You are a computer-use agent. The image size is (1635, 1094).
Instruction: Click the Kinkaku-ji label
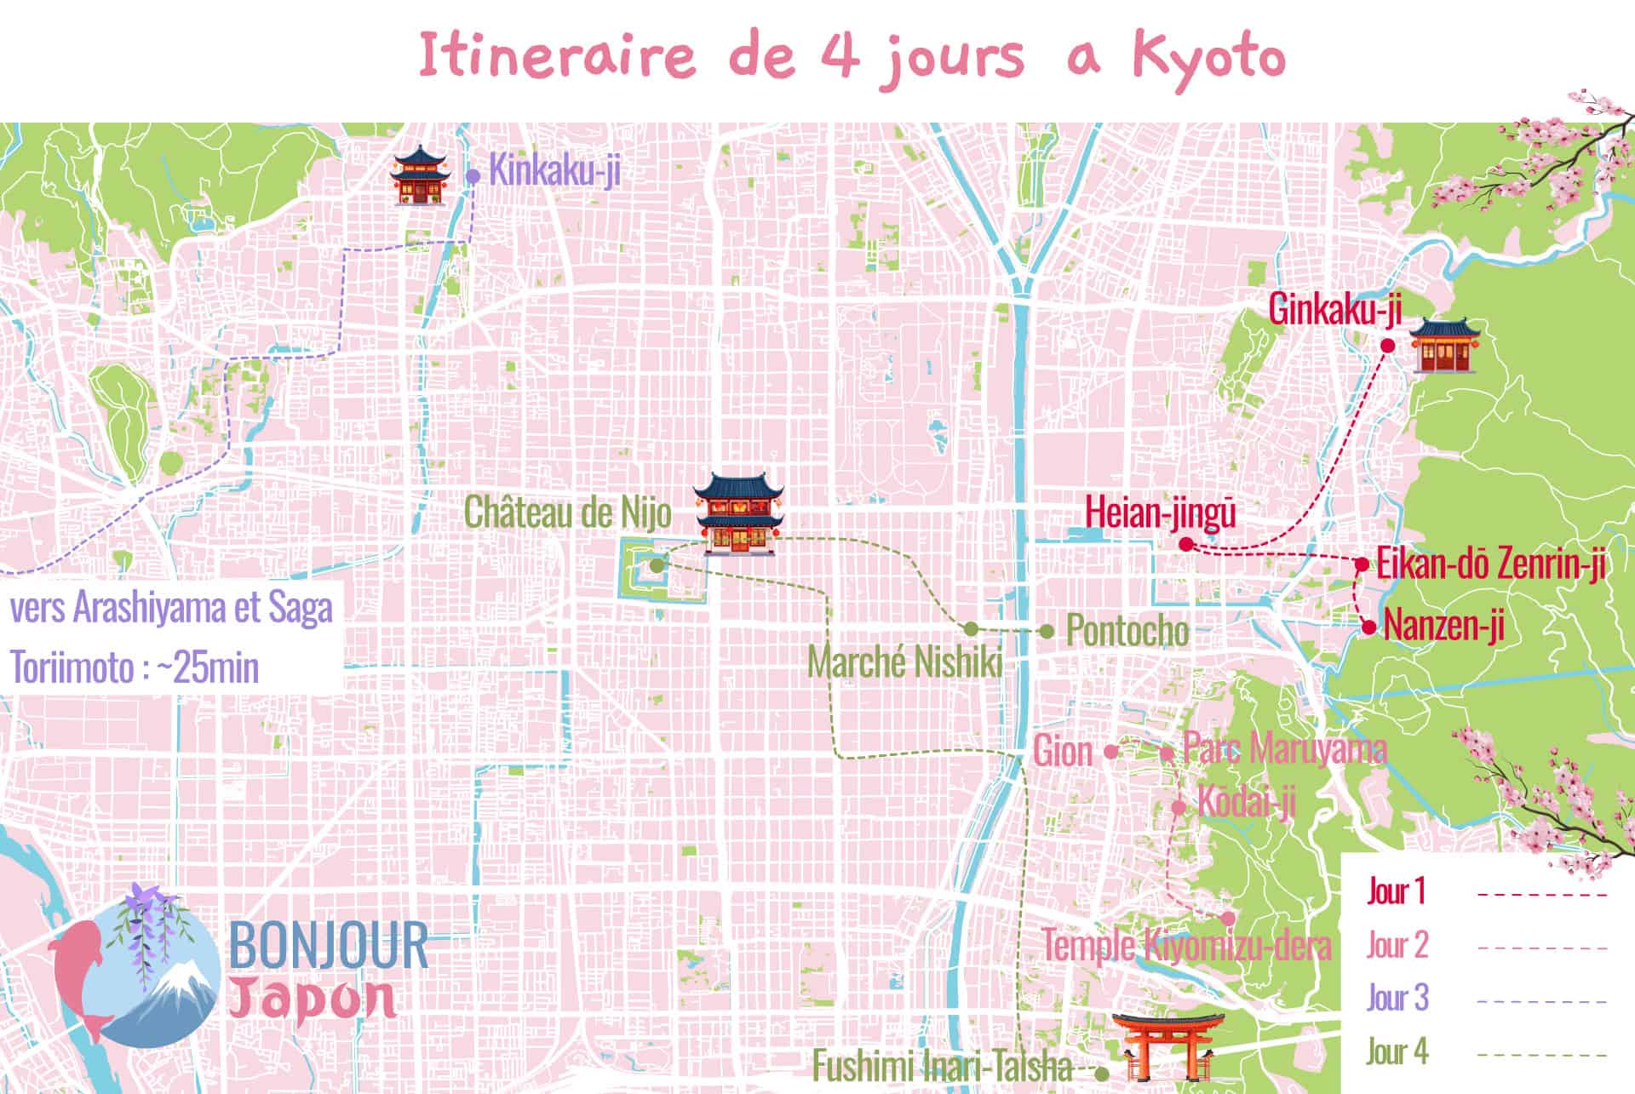555,172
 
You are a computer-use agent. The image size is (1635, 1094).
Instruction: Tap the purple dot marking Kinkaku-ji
472,175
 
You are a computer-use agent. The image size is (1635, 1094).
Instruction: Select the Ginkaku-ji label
1334,309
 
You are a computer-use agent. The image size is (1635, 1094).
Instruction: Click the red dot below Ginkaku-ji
1386,346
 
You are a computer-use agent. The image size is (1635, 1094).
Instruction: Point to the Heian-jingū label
1160,513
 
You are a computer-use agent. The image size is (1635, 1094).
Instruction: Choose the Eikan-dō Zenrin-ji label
1490,564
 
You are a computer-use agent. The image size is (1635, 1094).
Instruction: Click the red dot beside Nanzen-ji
1368,627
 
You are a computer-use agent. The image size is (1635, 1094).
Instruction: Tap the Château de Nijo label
567,513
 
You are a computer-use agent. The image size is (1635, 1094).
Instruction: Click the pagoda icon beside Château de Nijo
737,514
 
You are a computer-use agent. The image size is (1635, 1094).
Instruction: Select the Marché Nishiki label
905,662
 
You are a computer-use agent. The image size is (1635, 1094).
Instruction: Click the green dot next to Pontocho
1047,631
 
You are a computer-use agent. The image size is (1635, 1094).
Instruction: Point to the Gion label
1062,752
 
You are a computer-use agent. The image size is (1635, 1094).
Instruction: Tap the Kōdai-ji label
1246,802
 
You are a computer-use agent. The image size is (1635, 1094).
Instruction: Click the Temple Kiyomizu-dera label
1186,945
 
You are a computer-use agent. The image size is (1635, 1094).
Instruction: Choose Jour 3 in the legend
1397,998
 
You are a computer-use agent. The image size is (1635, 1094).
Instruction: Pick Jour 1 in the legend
1396,891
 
